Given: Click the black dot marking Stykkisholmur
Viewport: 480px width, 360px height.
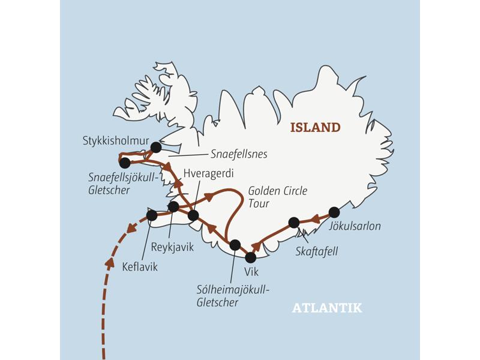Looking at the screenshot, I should [x=156, y=147].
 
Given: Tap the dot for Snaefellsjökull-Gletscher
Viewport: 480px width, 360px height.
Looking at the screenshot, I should [x=125, y=163].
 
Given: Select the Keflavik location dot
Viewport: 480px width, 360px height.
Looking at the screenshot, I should [x=152, y=215].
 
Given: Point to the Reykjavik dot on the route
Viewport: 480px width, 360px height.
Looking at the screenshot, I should [x=173, y=207].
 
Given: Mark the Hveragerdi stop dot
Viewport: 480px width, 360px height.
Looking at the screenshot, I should [x=193, y=215].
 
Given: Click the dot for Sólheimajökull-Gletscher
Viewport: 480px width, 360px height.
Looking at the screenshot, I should [x=235, y=245].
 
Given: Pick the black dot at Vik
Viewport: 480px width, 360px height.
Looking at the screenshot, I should [x=251, y=257].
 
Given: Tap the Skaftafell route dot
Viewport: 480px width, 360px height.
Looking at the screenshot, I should [x=294, y=223].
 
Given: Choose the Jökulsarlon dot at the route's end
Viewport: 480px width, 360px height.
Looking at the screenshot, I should [x=334, y=212].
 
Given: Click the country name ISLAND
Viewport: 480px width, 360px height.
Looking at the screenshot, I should [x=315, y=127].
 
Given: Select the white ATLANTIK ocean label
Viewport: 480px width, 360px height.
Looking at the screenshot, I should [x=327, y=308].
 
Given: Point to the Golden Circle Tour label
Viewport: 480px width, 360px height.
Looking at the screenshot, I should [x=277, y=197].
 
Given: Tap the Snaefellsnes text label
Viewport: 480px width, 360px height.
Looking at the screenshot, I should [x=239, y=154].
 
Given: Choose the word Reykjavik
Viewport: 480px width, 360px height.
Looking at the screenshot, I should [x=173, y=246].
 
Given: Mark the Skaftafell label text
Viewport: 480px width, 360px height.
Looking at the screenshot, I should [x=317, y=251].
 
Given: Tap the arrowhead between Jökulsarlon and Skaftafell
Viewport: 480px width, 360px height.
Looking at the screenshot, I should [x=314, y=219].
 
